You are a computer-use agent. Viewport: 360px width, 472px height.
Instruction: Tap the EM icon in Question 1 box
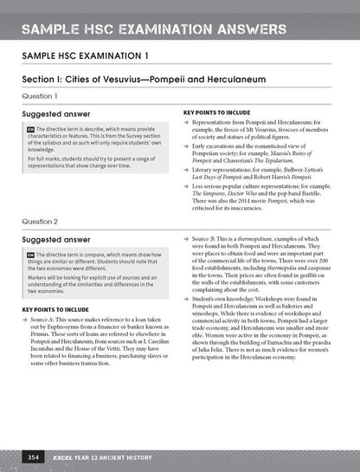pos(30,130)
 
